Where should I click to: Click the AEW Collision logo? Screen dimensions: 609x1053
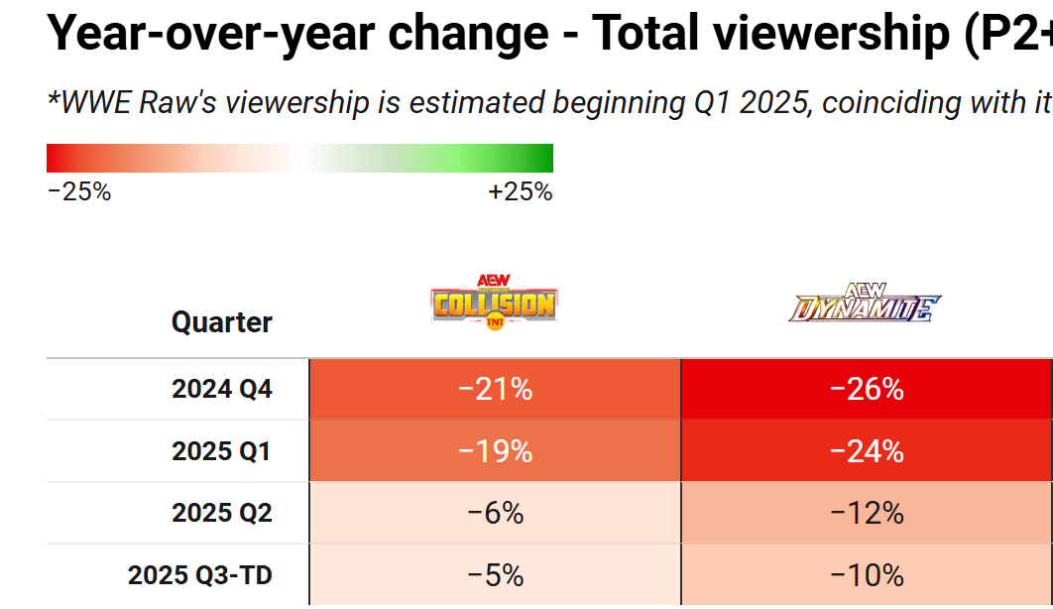[495, 303]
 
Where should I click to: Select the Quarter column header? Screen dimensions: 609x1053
[221, 322]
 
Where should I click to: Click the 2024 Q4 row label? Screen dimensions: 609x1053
[221, 390]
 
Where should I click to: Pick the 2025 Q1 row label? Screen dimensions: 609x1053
[221, 451]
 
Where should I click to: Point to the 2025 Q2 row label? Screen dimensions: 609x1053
[221, 513]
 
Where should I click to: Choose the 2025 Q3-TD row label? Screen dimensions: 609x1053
[199, 574]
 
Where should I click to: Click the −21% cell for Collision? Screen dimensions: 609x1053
[495, 390]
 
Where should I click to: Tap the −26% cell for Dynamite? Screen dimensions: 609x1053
[867, 390]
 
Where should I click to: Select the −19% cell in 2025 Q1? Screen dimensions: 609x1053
[495, 451]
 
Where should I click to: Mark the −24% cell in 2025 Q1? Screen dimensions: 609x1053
[867, 451]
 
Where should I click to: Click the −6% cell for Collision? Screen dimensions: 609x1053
[495, 513]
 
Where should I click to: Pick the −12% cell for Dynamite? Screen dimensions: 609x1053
[867, 513]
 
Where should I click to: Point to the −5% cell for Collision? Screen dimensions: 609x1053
[495, 574]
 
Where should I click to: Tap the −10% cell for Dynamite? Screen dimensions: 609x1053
[867, 574]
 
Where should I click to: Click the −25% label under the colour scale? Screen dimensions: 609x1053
[79, 192]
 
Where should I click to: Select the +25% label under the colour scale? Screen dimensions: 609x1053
[520, 192]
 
